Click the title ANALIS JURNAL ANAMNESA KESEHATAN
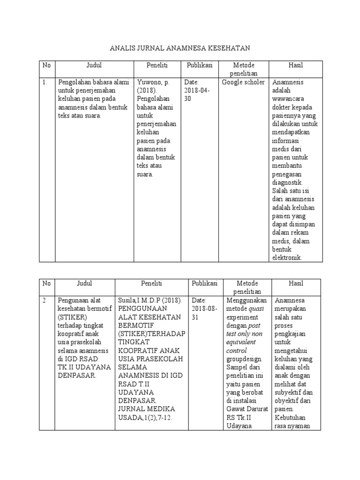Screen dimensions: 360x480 tap(180, 48)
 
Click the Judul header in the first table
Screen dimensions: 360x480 tap(94, 65)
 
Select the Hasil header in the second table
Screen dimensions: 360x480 tap(296, 283)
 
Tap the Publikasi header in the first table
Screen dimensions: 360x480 tap(200, 65)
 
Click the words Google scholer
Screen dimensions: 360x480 tap(243, 82)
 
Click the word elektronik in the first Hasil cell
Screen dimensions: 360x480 tap(287, 258)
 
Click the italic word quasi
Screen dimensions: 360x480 tap(255, 309)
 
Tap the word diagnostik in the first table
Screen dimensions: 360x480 tap(287, 182)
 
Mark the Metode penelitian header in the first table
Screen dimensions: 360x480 tap(243, 69)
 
